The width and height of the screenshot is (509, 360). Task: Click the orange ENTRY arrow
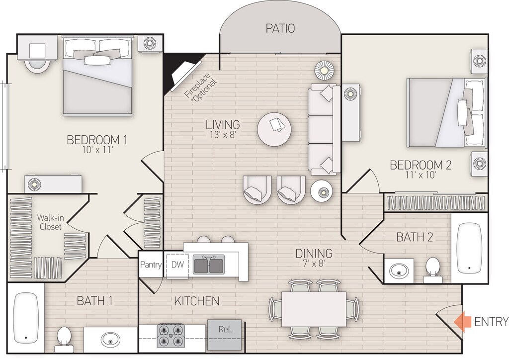(x=462, y=322)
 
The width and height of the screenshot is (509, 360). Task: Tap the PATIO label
(x=280, y=28)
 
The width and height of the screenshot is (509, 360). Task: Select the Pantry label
(x=151, y=265)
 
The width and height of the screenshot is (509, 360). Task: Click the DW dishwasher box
(x=177, y=265)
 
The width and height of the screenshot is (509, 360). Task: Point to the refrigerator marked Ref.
(x=225, y=335)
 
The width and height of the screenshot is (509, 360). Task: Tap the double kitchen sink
(x=208, y=265)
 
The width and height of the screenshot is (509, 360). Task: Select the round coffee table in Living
(x=274, y=129)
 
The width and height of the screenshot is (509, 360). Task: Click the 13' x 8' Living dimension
(x=223, y=134)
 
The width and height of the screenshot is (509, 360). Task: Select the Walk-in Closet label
(x=50, y=222)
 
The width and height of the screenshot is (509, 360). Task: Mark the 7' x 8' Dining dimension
(x=314, y=263)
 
